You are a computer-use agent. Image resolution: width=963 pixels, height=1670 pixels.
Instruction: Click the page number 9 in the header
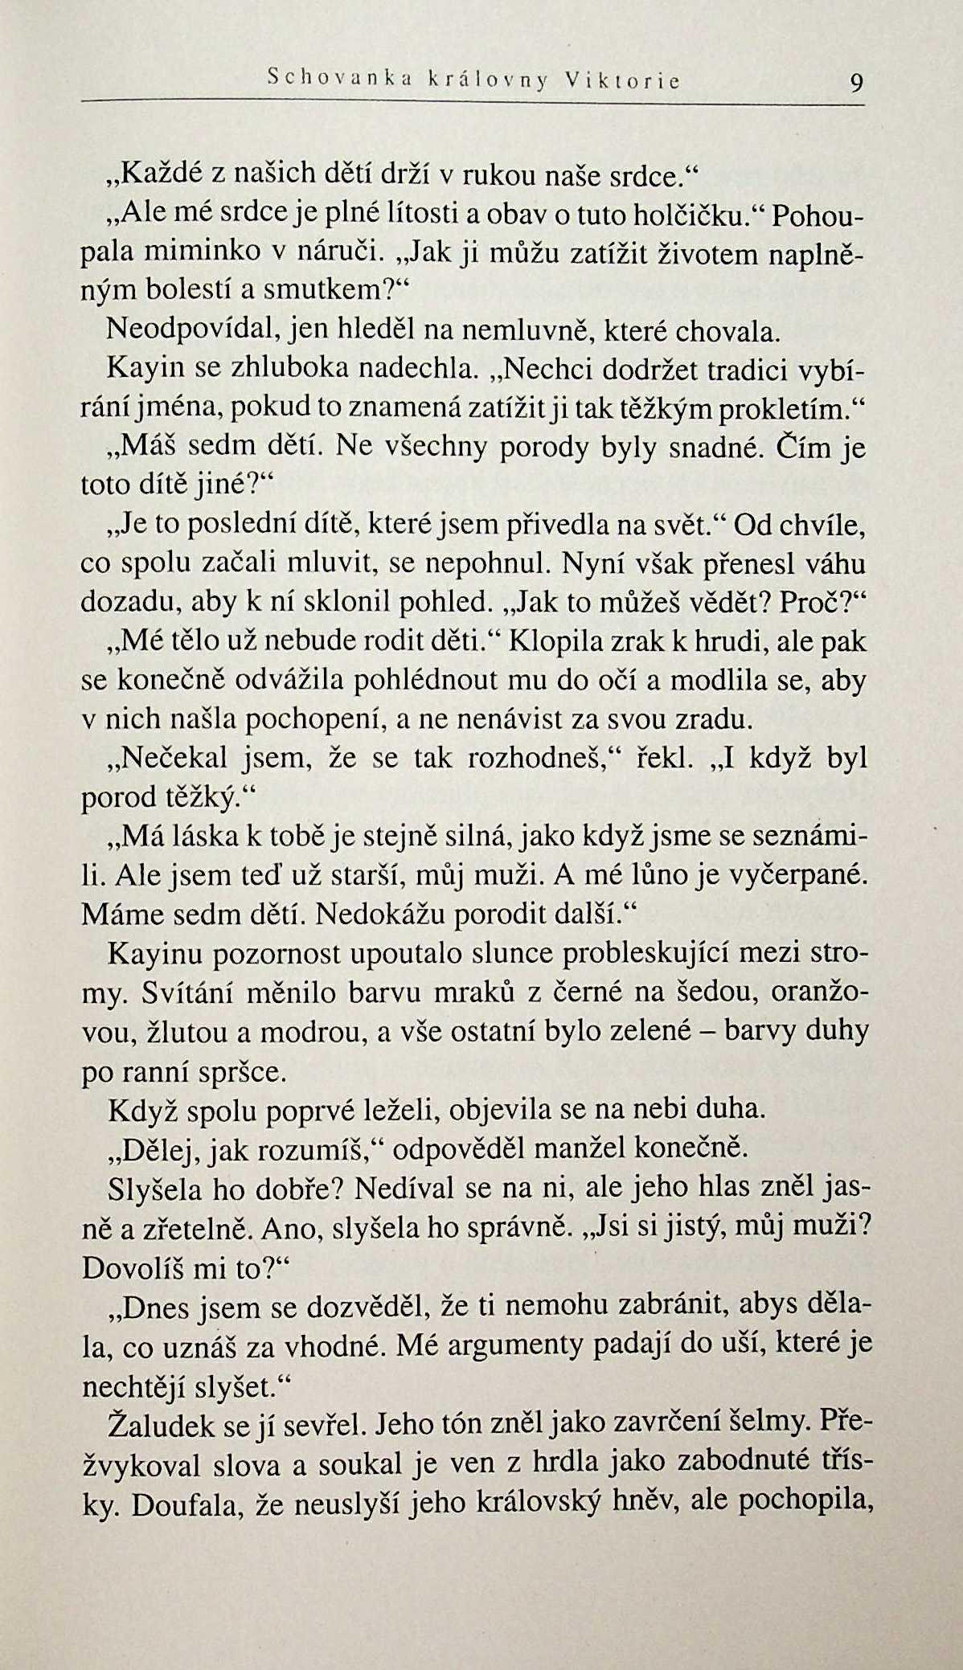tap(854, 83)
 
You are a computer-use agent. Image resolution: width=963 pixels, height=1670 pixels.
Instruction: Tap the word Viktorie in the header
tap(622, 80)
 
